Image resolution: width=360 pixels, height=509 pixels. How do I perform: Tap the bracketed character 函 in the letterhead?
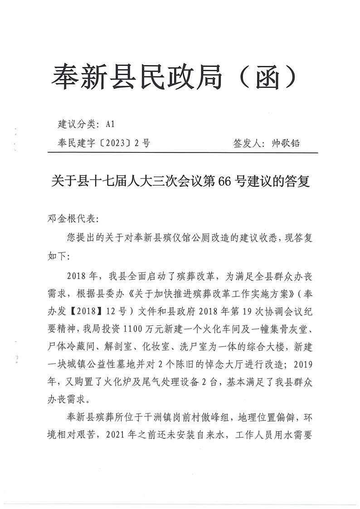tap(267, 76)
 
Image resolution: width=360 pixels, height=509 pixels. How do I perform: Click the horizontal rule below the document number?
tap(181, 153)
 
